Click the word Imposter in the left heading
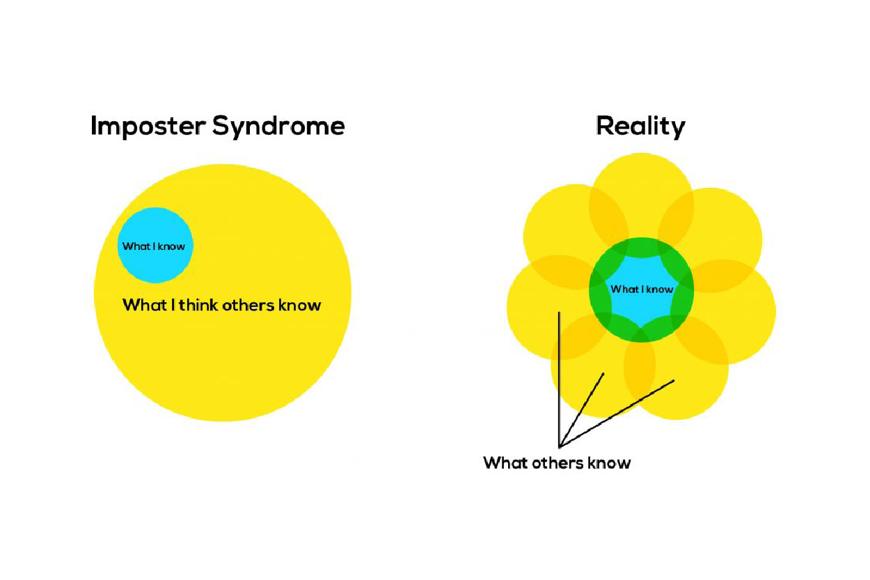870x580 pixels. point(148,127)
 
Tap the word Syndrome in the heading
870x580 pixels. point(278,127)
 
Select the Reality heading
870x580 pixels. point(640,127)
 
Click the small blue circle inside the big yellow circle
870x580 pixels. point(155,230)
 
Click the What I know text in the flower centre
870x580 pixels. point(641,290)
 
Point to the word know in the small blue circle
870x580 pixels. point(171,246)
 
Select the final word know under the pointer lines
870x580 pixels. point(610,463)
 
